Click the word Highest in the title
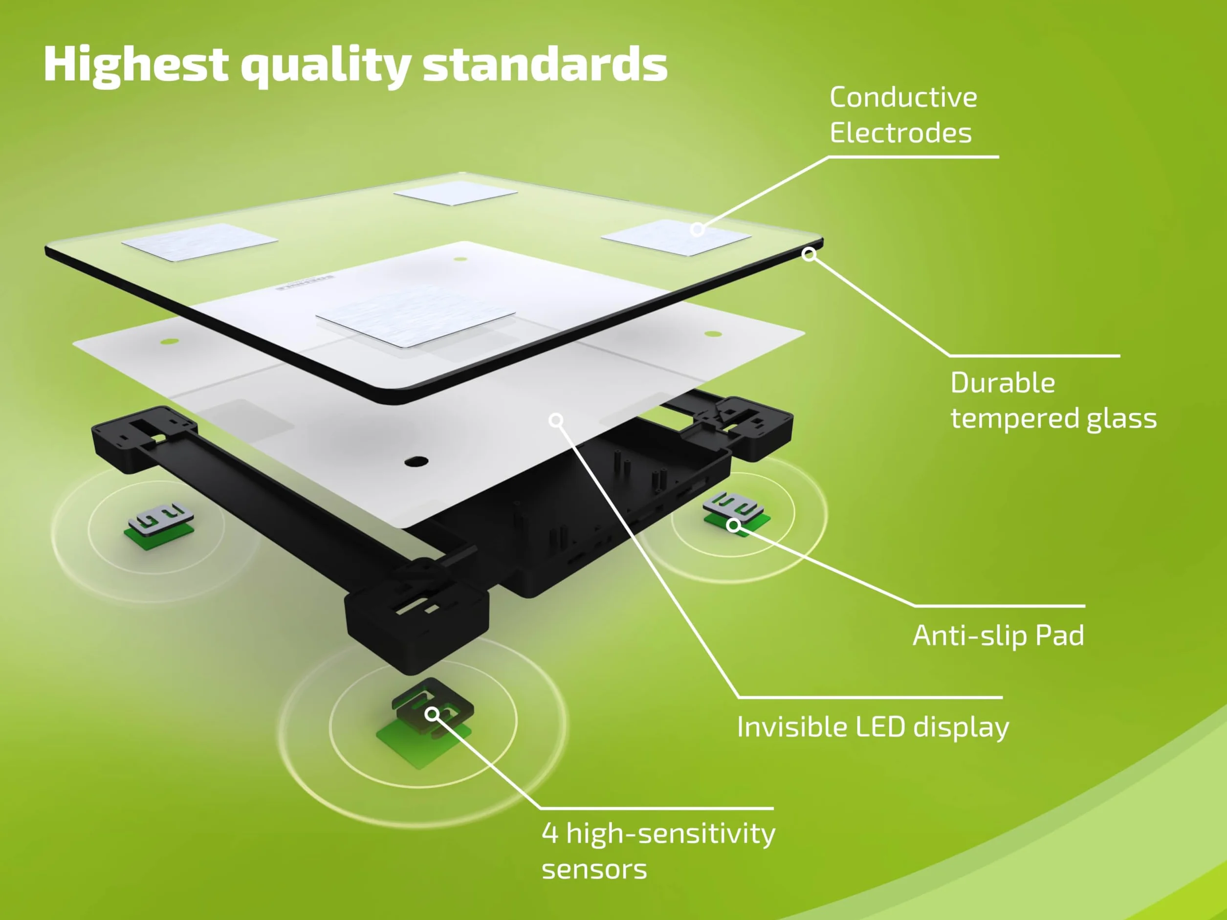(x=136, y=65)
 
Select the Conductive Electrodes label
(x=903, y=115)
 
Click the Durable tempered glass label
(x=1053, y=400)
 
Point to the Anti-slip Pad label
(x=998, y=635)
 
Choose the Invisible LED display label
(x=873, y=727)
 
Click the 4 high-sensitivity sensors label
(x=658, y=851)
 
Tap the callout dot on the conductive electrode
(x=697, y=229)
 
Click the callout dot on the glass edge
(x=810, y=254)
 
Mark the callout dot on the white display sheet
(x=556, y=420)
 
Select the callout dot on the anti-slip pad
(x=733, y=525)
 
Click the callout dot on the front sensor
(x=432, y=714)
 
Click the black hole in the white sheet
(x=416, y=461)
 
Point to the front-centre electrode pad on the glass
(x=416, y=314)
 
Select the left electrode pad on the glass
(x=199, y=242)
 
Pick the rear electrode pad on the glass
(x=456, y=193)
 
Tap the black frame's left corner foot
(x=143, y=438)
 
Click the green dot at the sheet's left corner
(x=169, y=341)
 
